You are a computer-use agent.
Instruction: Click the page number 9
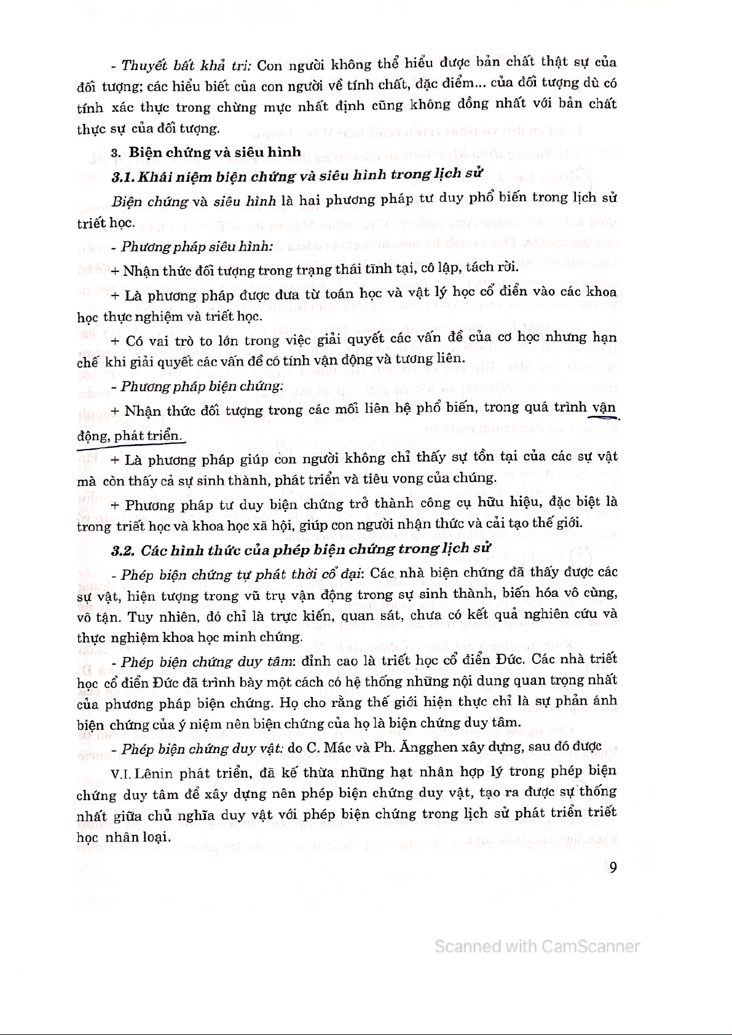click(x=612, y=867)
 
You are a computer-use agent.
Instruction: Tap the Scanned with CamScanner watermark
click(x=537, y=947)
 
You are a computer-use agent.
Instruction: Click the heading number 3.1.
click(x=124, y=178)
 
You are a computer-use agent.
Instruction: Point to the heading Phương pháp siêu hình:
click(x=197, y=247)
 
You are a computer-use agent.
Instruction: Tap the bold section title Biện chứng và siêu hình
click(x=215, y=152)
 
